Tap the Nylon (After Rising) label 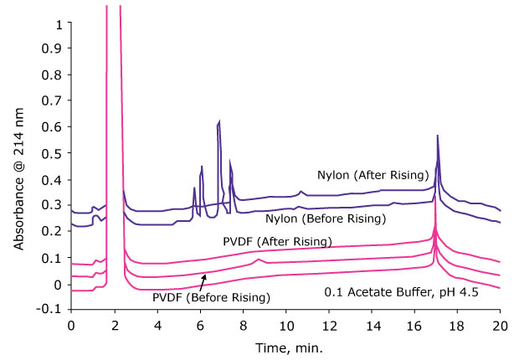(x=373, y=175)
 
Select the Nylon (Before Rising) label (x=325, y=219)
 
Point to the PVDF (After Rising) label (x=277, y=242)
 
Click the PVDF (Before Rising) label (x=212, y=297)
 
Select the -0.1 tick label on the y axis (x=51, y=310)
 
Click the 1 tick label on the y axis (x=58, y=23)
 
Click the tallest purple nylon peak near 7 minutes (x=218, y=122)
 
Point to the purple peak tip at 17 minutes (x=437, y=136)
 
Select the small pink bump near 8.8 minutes (x=259, y=260)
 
